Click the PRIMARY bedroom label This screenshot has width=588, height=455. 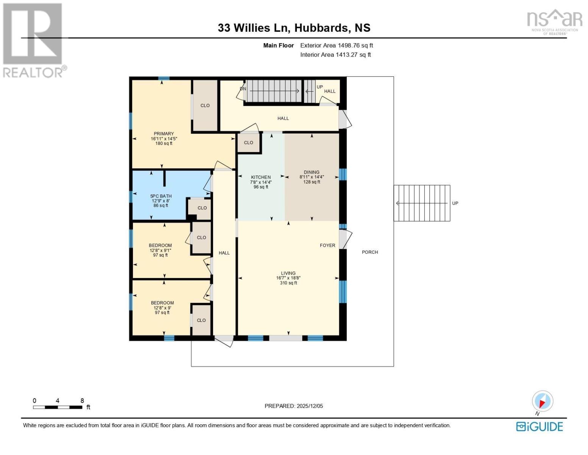click(x=164, y=133)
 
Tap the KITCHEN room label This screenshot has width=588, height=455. click(x=260, y=177)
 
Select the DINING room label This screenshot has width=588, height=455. click(x=311, y=172)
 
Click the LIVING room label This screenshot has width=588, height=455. click(x=288, y=273)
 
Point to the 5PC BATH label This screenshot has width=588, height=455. click(x=161, y=196)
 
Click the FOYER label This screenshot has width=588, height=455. click(x=327, y=245)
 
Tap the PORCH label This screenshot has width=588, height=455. click(x=370, y=252)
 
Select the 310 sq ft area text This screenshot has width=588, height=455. click(x=288, y=283)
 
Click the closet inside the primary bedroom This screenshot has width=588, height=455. click(x=205, y=105)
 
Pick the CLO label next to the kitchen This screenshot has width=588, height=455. click(x=248, y=143)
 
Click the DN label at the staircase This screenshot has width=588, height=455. click(x=243, y=89)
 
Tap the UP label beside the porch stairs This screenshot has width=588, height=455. click(x=455, y=203)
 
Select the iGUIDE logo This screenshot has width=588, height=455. click(x=539, y=427)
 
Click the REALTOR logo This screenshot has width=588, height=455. click(x=33, y=40)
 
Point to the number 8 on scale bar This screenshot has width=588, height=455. click(x=82, y=400)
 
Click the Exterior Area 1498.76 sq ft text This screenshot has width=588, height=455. click(x=336, y=45)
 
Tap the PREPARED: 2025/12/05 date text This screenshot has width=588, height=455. click(x=293, y=406)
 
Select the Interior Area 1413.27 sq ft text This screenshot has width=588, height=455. click(x=335, y=55)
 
